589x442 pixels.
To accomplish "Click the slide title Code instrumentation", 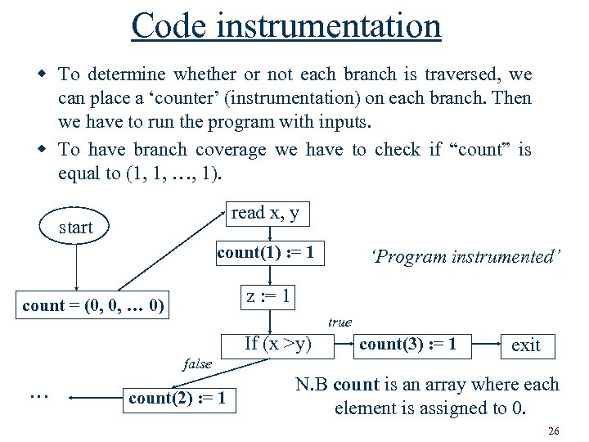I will click(x=286, y=25).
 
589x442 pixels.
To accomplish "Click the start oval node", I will click(x=76, y=227).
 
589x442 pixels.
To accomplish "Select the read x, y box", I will click(x=265, y=214).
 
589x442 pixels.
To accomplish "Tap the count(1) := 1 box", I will click(x=265, y=253).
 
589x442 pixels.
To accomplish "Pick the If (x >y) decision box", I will click(x=278, y=344).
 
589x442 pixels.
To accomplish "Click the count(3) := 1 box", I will click(x=407, y=344).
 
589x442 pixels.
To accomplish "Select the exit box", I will click(x=525, y=345).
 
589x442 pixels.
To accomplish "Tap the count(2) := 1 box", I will click(x=178, y=399).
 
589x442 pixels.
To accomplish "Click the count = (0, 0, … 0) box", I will click(x=93, y=306).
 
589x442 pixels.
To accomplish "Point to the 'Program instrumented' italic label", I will click(x=466, y=256).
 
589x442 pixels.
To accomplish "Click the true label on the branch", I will click(x=339, y=322).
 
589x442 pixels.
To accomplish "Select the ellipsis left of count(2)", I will click(x=38, y=396).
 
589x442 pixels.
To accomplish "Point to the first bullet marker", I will click(x=44, y=74).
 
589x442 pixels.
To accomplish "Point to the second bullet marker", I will click(x=44, y=150).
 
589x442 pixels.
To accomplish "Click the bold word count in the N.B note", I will click(x=356, y=385).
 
